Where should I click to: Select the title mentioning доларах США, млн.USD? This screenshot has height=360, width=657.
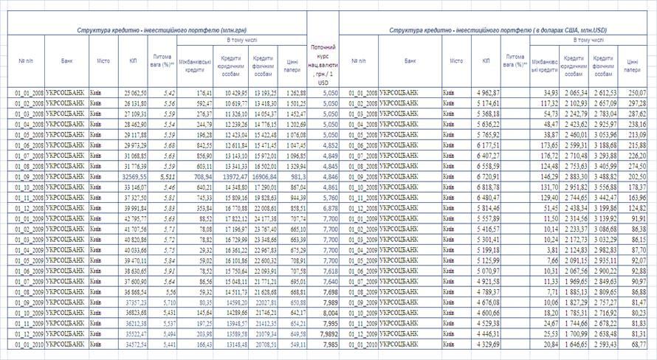tap(495, 30)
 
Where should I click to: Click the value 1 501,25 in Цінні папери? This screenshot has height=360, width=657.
tap(293, 104)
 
